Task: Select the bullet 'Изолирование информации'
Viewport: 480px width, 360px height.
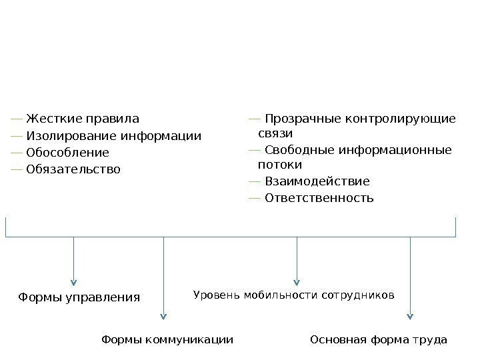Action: [x=113, y=137]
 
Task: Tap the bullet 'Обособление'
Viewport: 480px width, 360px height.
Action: [x=67, y=153]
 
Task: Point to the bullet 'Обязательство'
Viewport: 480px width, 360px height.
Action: [x=73, y=169]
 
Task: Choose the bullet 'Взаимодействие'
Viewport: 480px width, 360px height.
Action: [x=317, y=181]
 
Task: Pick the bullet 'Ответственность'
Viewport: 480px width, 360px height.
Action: [x=319, y=198]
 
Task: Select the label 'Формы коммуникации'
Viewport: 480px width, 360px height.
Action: [x=167, y=340]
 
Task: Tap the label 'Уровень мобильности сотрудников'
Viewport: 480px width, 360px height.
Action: [x=294, y=294]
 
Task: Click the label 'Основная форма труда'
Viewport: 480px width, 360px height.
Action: [x=379, y=340]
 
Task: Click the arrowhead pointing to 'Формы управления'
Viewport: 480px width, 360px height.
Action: [x=73, y=281]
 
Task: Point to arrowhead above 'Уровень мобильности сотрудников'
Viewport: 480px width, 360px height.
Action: [x=297, y=281]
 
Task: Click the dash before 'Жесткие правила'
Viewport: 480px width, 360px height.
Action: [x=17, y=120]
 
